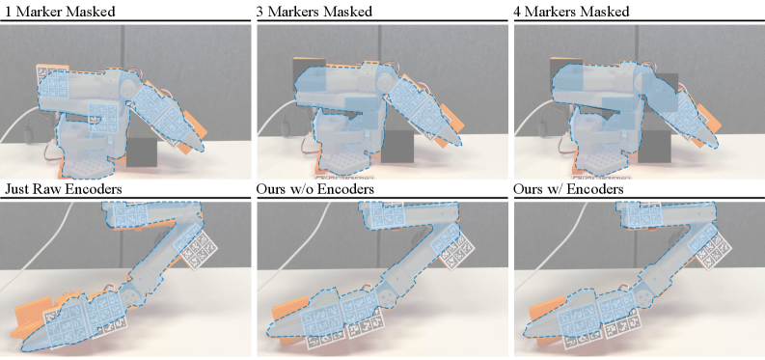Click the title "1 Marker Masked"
[59, 12]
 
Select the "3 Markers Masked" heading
[314, 12]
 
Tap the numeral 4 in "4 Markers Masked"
[518, 12]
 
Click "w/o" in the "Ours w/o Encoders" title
[307, 189]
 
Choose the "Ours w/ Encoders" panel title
[568, 189]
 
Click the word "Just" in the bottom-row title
[18, 189]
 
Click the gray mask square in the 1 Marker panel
[142, 152]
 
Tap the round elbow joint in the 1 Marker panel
[130, 89]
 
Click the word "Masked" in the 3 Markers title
[347, 12]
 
